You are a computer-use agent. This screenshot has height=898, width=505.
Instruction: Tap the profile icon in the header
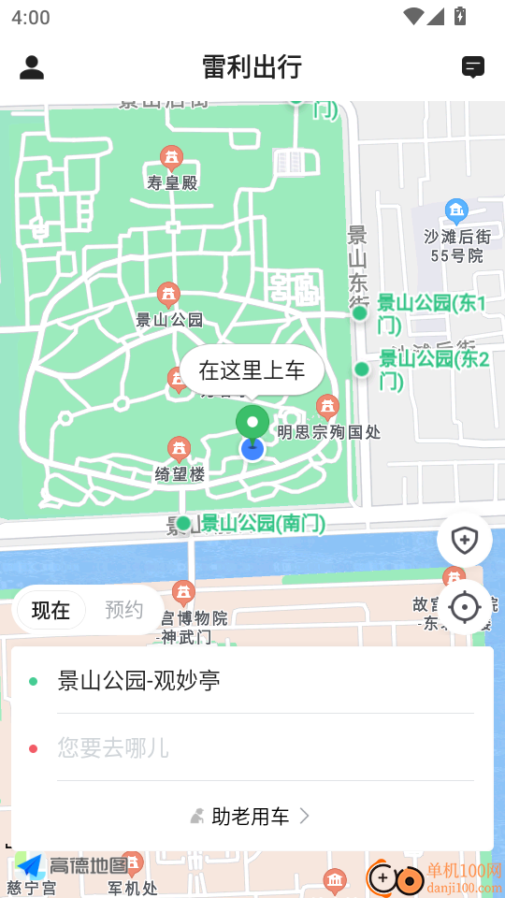tap(32, 67)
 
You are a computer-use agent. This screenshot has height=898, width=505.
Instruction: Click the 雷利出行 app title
tap(252, 67)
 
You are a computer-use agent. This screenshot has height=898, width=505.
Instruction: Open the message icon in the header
tap(473, 67)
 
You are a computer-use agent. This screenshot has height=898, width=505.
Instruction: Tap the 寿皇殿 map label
tap(172, 181)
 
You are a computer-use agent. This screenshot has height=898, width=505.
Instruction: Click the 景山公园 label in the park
tap(169, 319)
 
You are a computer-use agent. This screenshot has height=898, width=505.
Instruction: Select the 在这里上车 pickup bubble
tap(252, 370)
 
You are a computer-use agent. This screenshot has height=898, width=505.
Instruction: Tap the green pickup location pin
tap(252, 423)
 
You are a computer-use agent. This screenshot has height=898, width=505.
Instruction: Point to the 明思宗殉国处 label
tap(328, 432)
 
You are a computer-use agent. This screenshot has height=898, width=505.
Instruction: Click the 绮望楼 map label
tap(180, 474)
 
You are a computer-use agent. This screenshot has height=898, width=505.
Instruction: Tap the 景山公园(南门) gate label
tap(263, 524)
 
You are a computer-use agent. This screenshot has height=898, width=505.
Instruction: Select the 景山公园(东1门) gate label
tap(431, 313)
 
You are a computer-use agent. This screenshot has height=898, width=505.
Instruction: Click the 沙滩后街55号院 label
tap(456, 245)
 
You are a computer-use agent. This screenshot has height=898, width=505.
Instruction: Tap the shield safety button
tap(464, 540)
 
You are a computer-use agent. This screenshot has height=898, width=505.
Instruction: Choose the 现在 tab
tap(50, 611)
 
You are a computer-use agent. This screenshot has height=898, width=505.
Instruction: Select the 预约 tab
tap(123, 611)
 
